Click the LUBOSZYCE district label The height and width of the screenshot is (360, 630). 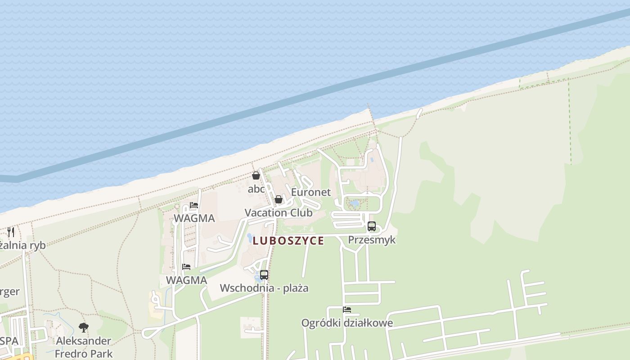pyautogui.click(x=288, y=241)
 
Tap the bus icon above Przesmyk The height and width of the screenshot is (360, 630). pyautogui.click(x=372, y=226)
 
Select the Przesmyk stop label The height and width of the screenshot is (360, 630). pyautogui.click(x=372, y=239)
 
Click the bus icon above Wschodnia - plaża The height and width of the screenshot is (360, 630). pyautogui.click(x=264, y=274)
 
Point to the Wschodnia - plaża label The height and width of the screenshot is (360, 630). pyautogui.click(x=264, y=288)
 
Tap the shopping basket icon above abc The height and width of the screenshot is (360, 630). pyautogui.click(x=256, y=175)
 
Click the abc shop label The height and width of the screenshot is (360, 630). pyautogui.click(x=256, y=189)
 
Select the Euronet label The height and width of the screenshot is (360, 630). pyautogui.click(x=310, y=192)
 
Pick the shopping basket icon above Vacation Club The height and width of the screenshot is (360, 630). pyautogui.click(x=279, y=199)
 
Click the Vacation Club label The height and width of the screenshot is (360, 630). pyautogui.click(x=279, y=213)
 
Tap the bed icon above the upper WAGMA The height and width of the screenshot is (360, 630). pyautogui.click(x=194, y=205)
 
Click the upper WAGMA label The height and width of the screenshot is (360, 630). pyautogui.click(x=194, y=218)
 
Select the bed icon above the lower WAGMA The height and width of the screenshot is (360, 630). pyautogui.click(x=186, y=267)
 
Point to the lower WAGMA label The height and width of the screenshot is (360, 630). pyautogui.click(x=186, y=280)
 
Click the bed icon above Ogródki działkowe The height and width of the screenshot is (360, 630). pyautogui.click(x=347, y=310)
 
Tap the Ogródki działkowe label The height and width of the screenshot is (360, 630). pyautogui.click(x=347, y=323)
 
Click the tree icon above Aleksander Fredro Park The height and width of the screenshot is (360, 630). pyautogui.click(x=83, y=327)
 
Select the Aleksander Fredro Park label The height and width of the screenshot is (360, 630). pyautogui.click(x=84, y=347)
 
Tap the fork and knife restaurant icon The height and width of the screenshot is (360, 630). pyautogui.click(x=11, y=232)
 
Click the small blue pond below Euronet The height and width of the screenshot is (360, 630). pyautogui.click(x=355, y=204)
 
